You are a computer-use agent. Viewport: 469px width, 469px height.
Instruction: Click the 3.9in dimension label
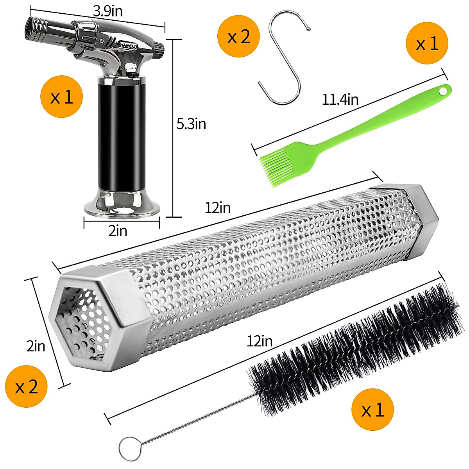click(x=107, y=11)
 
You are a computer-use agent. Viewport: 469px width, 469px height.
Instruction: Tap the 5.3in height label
click(x=191, y=124)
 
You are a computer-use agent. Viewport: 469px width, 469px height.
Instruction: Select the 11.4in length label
click(x=340, y=99)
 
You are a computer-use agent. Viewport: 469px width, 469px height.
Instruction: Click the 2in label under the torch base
click(x=118, y=231)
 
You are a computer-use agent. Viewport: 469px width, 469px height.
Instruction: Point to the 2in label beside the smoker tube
click(x=36, y=346)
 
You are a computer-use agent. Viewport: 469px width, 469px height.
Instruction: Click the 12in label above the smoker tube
click(x=218, y=208)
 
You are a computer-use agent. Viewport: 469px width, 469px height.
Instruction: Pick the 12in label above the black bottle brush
click(x=260, y=341)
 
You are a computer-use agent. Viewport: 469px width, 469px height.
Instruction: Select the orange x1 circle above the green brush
click(x=427, y=43)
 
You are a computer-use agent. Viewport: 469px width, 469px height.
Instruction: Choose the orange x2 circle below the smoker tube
click(x=26, y=387)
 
